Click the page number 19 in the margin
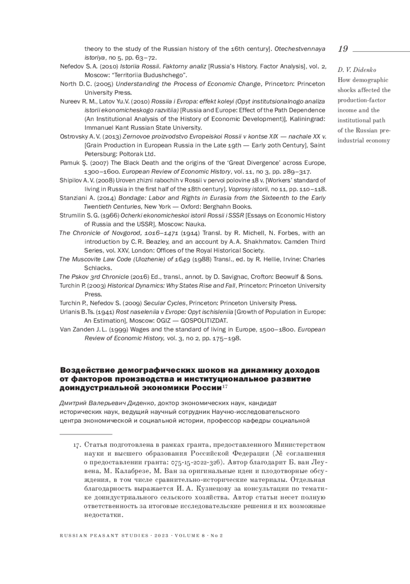tap(343, 49)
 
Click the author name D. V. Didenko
tap(357, 70)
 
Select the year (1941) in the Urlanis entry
tap(106, 312)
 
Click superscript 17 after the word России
tap(225, 387)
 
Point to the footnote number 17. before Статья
tap(77, 445)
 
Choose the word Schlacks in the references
tap(98, 268)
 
